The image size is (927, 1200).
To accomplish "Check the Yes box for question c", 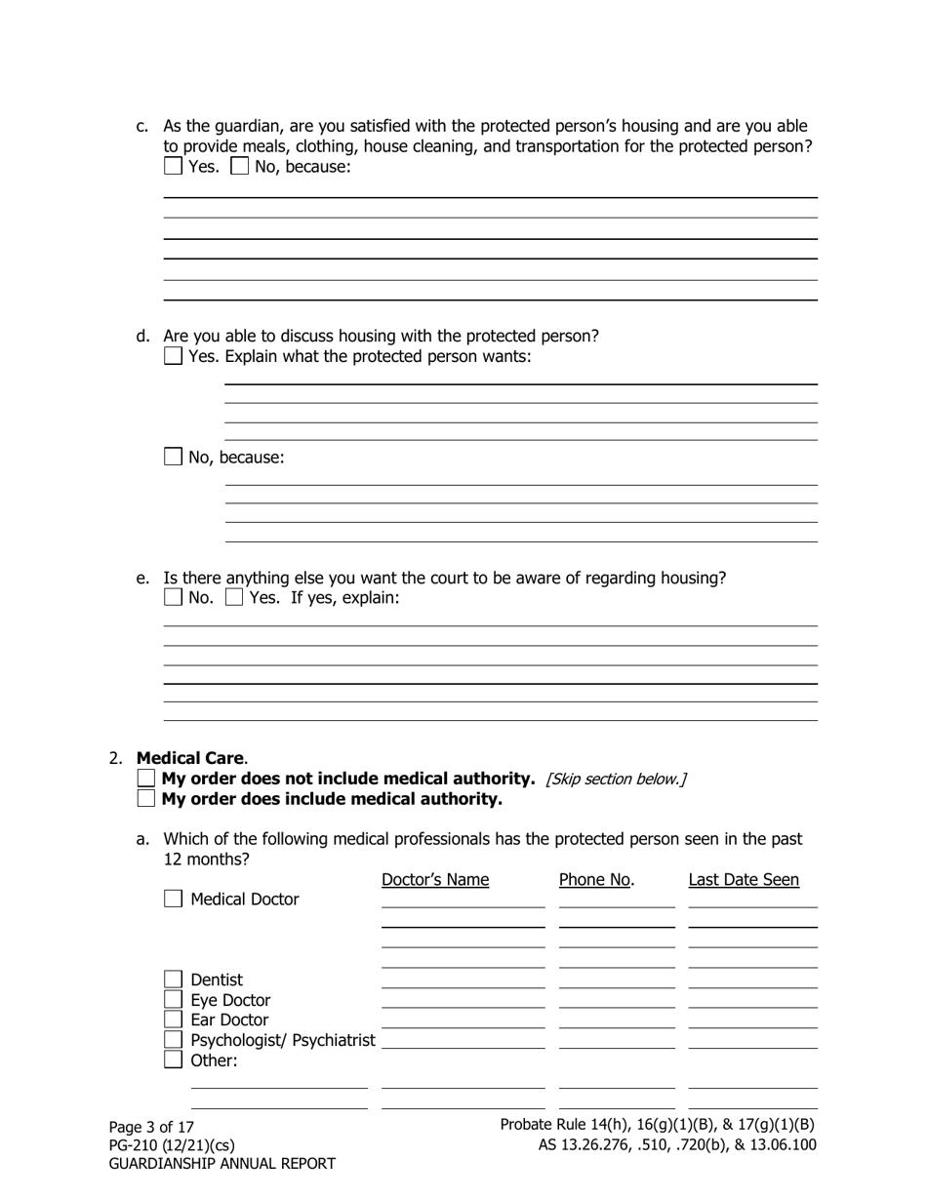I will coord(173,167).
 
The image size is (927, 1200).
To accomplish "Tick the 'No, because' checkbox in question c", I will coord(239,167).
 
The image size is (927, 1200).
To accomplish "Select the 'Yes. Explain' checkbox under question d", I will coord(173,356).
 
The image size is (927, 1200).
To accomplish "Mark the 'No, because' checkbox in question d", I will coord(173,457).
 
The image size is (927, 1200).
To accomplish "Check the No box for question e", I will coord(173,597).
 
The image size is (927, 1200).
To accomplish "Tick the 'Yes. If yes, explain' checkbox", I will coord(234,597).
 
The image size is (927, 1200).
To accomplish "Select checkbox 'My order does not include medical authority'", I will coord(146,779).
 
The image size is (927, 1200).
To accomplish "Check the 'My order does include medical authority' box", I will coord(146,799).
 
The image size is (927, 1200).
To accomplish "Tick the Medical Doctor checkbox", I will coord(173,900).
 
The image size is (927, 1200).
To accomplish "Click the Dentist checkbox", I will coord(173,980).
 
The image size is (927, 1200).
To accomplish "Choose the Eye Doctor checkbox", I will coord(173,1000).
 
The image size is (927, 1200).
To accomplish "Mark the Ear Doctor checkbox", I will coord(173,1020).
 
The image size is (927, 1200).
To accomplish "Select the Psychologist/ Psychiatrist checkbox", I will coord(173,1040).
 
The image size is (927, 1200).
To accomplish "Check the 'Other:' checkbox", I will coord(173,1060).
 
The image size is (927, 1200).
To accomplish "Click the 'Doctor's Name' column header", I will coord(435,880).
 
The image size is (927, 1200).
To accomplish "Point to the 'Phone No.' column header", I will coord(596,880).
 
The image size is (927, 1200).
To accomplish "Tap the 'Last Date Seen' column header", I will coord(744,880).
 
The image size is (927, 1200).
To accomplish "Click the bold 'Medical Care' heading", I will coord(191,758).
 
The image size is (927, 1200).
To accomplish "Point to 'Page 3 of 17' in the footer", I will coord(151,1127).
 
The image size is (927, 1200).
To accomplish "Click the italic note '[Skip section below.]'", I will coord(616,779).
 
